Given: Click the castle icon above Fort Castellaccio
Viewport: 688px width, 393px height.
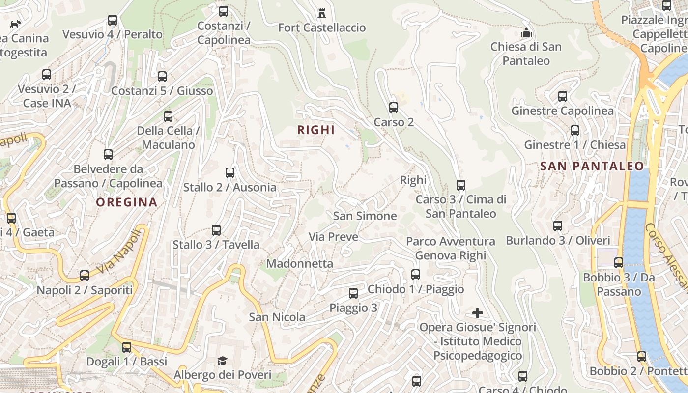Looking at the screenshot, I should (322, 12).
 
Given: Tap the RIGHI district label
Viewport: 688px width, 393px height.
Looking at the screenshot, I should (316, 130).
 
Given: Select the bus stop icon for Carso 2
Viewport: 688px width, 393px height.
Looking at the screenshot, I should (393, 107).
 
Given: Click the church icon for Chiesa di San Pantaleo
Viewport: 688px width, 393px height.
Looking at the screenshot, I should (526, 33).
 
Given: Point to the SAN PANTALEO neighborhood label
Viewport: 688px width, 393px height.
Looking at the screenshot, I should (592, 166).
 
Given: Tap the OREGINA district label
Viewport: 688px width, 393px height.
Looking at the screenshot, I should (127, 202).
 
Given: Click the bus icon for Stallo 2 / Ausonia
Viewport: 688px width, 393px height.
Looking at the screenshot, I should (229, 172).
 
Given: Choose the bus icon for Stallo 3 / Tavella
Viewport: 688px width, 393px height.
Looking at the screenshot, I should (216, 230).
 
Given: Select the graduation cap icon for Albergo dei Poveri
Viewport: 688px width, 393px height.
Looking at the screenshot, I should (223, 361).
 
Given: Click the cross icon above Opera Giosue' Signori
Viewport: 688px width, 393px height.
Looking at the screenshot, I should (477, 313).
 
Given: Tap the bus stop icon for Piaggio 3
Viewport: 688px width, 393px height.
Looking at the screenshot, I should (353, 293).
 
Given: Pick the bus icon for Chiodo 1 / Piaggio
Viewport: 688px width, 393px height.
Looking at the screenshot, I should (416, 274).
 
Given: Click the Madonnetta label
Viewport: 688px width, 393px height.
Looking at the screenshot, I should (300, 263).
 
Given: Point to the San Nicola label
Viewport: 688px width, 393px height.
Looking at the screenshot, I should (277, 317).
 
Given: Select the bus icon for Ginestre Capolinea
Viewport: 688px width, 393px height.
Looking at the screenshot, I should (562, 96).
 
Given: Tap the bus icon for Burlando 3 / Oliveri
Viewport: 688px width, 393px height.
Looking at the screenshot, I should (557, 226).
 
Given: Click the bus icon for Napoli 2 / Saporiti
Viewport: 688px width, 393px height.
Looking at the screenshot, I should (85, 276).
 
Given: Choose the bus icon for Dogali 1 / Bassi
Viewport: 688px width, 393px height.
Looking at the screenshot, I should (127, 347).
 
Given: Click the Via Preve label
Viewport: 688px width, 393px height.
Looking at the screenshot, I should (333, 237).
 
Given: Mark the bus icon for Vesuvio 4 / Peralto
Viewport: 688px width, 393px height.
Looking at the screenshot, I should (113, 20).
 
